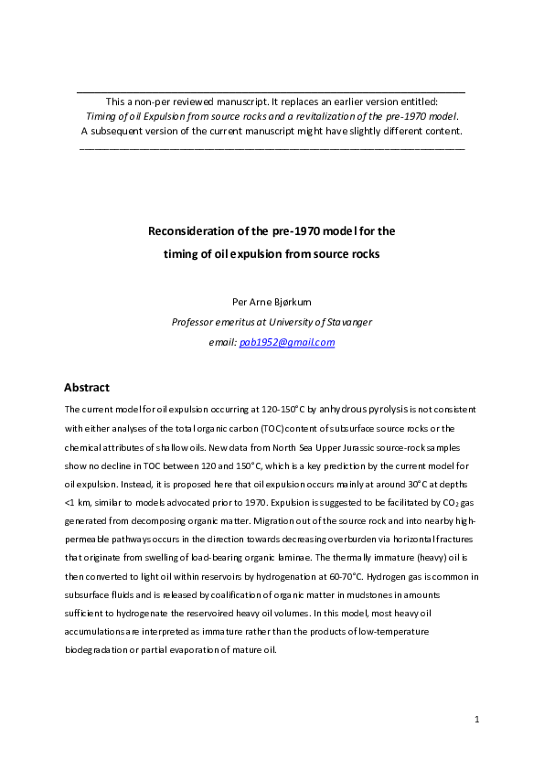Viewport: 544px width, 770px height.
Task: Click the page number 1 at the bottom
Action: tap(477, 721)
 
